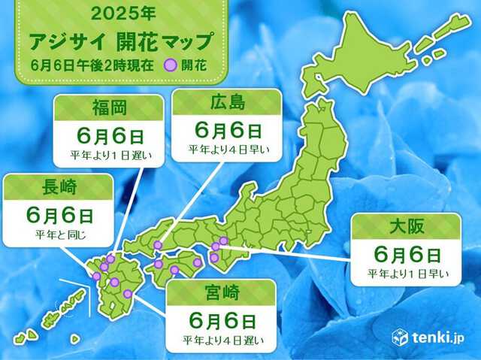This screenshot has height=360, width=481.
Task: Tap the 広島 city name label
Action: tap(228, 101)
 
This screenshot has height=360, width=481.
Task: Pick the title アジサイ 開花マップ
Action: tap(119, 39)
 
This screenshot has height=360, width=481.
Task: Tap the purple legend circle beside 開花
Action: tap(171, 65)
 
